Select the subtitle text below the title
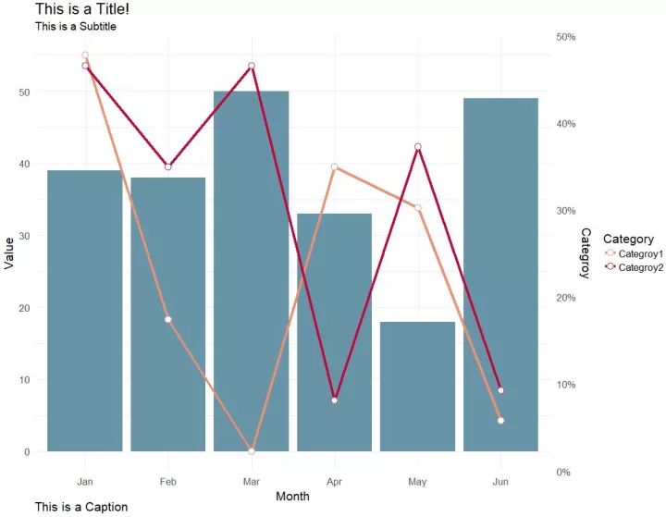pyautogui.click(x=76, y=27)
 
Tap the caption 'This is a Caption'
pyautogui.click(x=81, y=507)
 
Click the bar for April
pyautogui.click(x=334, y=333)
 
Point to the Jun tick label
pyautogui.click(x=500, y=482)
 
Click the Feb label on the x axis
pyautogui.click(x=167, y=482)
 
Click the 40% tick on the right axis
pyautogui.click(x=564, y=124)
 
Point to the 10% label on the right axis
pyautogui.click(x=564, y=385)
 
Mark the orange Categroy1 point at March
pyautogui.click(x=251, y=451)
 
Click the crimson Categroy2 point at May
pyautogui.click(x=418, y=147)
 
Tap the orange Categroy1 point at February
pyautogui.click(x=167, y=319)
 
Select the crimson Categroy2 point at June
pyautogui.click(x=500, y=390)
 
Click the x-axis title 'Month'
pyautogui.click(x=292, y=497)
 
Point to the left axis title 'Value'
pyautogui.click(x=9, y=252)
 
